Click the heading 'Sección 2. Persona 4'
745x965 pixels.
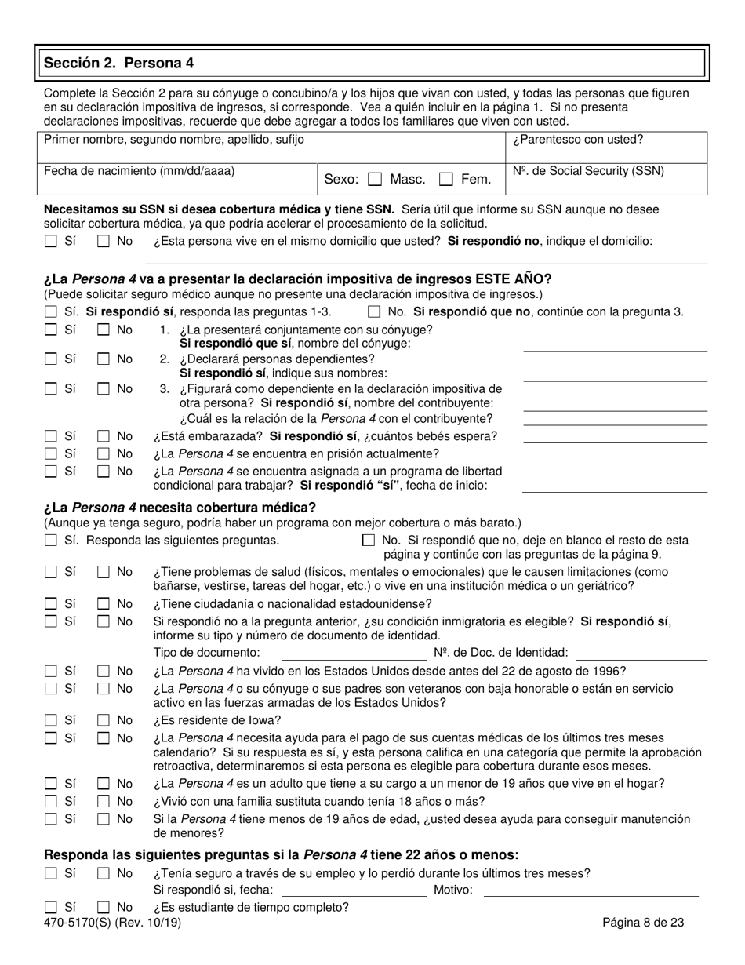click(x=119, y=63)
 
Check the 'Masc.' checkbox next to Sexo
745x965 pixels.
click(x=375, y=180)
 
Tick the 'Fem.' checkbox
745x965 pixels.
click(x=446, y=180)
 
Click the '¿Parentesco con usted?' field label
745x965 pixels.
click(x=578, y=140)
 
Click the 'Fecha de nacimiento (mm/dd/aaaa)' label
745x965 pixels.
click(x=139, y=171)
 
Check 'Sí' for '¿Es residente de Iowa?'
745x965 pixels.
click(x=51, y=720)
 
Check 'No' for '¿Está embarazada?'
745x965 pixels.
click(x=104, y=436)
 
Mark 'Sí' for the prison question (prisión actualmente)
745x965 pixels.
click(x=51, y=454)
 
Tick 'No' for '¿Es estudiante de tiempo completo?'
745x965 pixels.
click(x=104, y=908)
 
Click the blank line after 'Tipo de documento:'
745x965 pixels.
click(x=354, y=653)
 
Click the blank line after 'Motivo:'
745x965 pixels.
click(x=591, y=890)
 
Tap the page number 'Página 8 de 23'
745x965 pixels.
click(x=643, y=923)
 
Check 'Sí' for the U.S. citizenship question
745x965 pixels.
click(x=51, y=604)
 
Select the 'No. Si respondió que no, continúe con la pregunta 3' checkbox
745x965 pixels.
click(x=374, y=311)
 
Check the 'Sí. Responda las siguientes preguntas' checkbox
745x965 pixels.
click(x=51, y=541)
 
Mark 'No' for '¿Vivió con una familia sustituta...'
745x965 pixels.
click(x=104, y=802)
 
